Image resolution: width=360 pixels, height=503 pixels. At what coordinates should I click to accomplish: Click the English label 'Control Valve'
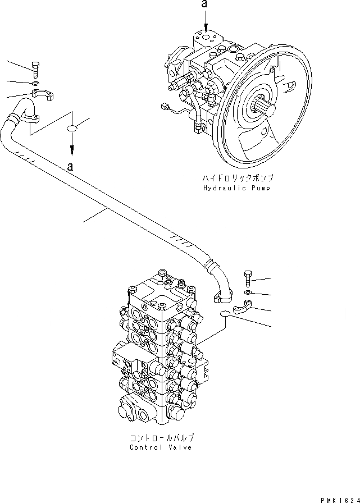pyautogui.click(x=161, y=447)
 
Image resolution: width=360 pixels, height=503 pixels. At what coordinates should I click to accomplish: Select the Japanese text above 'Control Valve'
pyautogui.click(x=161, y=437)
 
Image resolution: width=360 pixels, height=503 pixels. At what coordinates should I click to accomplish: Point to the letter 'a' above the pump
pyautogui.click(x=206, y=6)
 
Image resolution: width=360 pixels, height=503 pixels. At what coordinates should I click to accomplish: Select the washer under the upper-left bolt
pyautogui.click(x=35, y=84)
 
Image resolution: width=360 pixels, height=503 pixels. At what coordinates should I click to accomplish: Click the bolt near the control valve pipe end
pyautogui.click(x=249, y=278)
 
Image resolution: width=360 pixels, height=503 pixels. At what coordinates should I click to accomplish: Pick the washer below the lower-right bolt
pyautogui.click(x=249, y=292)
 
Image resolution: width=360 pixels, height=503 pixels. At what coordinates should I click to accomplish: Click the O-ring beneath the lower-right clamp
pyautogui.click(x=225, y=314)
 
